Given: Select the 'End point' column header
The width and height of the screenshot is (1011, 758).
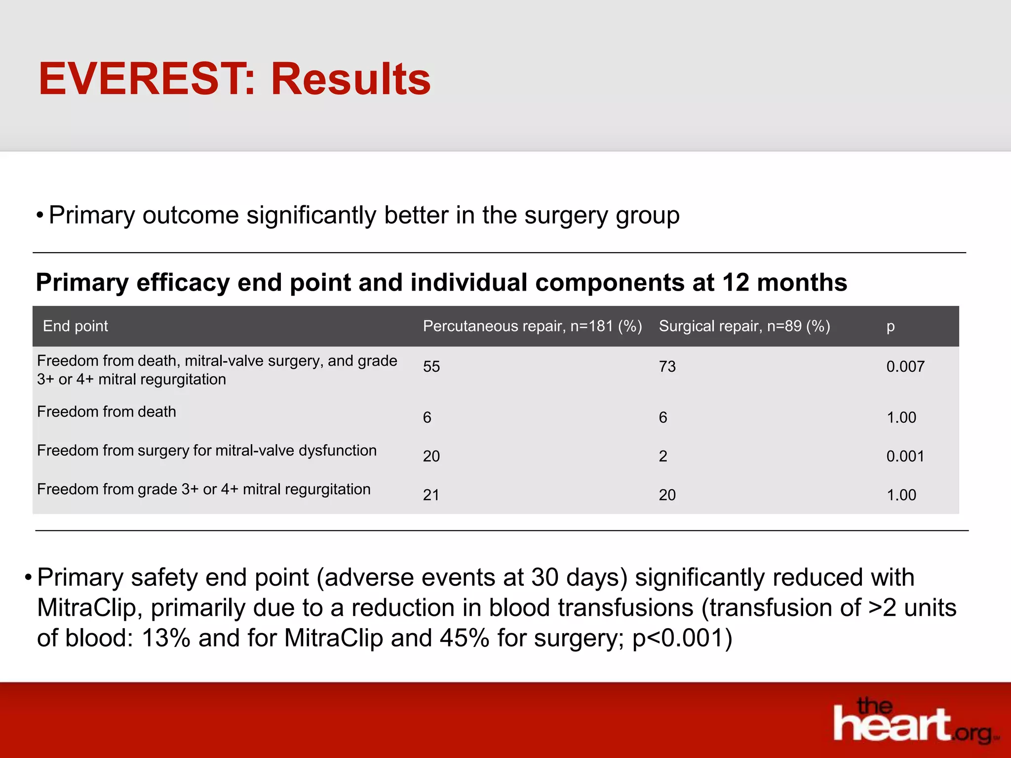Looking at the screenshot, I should click(x=75, y=326).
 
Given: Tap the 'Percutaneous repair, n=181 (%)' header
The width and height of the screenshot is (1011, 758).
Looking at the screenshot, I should click(x=532, y=326).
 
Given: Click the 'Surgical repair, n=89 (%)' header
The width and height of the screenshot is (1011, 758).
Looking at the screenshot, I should click(x=744, y=326).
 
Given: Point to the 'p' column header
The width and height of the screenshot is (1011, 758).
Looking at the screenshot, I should click(x=890, y=327).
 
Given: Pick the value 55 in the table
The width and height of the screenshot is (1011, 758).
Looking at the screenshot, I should click(x=431, y=367).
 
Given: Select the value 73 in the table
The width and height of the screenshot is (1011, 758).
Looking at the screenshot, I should click(x=667, y=367).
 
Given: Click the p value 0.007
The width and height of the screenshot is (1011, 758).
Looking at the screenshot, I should click(x=905, y=367).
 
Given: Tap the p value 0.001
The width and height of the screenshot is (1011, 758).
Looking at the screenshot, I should click(x=905, y=456).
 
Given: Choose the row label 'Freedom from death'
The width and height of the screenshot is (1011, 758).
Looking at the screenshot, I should click(x=106, y=412).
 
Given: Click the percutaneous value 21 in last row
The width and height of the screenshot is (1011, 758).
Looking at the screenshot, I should click(x=431, y=495).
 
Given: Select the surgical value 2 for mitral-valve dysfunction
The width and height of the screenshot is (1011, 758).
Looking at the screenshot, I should click(x=663, y=456).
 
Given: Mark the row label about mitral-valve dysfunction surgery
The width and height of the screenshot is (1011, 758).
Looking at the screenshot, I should click(x=206, y=451).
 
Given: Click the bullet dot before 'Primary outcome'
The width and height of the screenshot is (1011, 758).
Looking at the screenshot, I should click(x=39, y=216).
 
